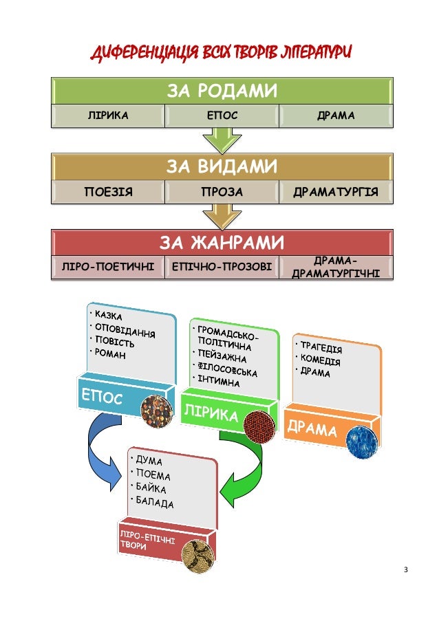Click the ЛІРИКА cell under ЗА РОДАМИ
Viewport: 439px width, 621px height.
107,116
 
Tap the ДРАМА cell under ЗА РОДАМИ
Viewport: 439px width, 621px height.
336,116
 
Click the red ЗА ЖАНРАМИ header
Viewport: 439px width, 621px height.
223,243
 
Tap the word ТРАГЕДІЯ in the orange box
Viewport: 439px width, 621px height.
322,349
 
